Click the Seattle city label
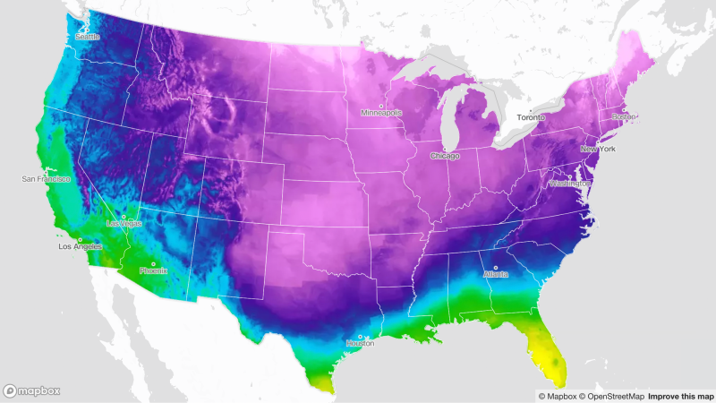88,37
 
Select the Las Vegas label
124,223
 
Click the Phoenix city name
153,270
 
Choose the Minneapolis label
381,113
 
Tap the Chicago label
444,156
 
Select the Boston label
624,117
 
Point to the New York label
598,149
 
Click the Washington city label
570,183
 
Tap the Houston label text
360,343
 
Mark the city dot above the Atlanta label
495,267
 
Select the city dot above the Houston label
360,336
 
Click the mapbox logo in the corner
33,391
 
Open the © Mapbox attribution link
556,396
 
